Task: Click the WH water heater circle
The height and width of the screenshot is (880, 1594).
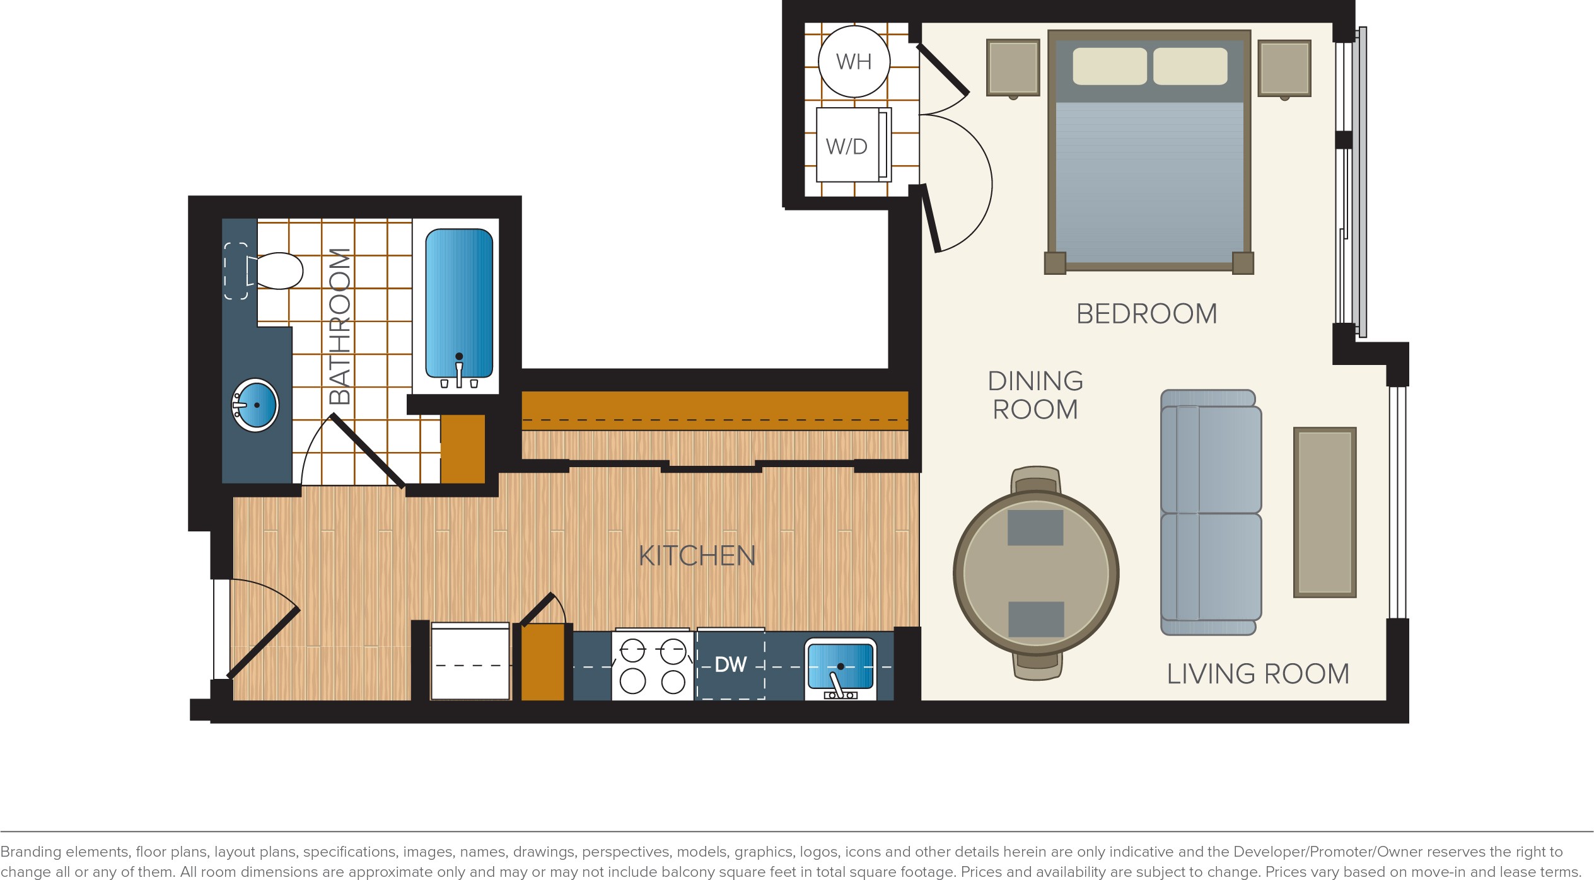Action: pos(854,61)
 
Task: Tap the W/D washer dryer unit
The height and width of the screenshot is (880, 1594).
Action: pos(853,145)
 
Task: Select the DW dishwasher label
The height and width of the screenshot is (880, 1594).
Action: pos(731,664)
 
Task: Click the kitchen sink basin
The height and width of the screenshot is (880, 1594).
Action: pos(841,668)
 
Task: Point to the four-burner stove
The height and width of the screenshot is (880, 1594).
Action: pos(653,665)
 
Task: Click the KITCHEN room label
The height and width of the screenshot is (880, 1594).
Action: pos(697,556)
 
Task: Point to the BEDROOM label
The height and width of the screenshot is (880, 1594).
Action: pos(1146,314)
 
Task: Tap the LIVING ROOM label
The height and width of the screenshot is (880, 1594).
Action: pos(1258,674)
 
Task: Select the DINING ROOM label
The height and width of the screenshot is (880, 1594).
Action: pos(1035,395)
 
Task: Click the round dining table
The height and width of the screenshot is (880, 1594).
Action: pos(1036,573)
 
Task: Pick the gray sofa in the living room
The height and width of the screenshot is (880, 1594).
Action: pos(1211,512)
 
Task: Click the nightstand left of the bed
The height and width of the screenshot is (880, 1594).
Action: pos(1013,68)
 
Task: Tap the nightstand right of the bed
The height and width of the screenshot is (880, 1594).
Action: pos(1284,69)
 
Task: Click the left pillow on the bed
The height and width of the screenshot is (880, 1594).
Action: pos(1110,66)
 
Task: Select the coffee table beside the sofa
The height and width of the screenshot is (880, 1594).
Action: pos(1325,512)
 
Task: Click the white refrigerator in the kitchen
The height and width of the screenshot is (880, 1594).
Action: pos(470,661)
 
